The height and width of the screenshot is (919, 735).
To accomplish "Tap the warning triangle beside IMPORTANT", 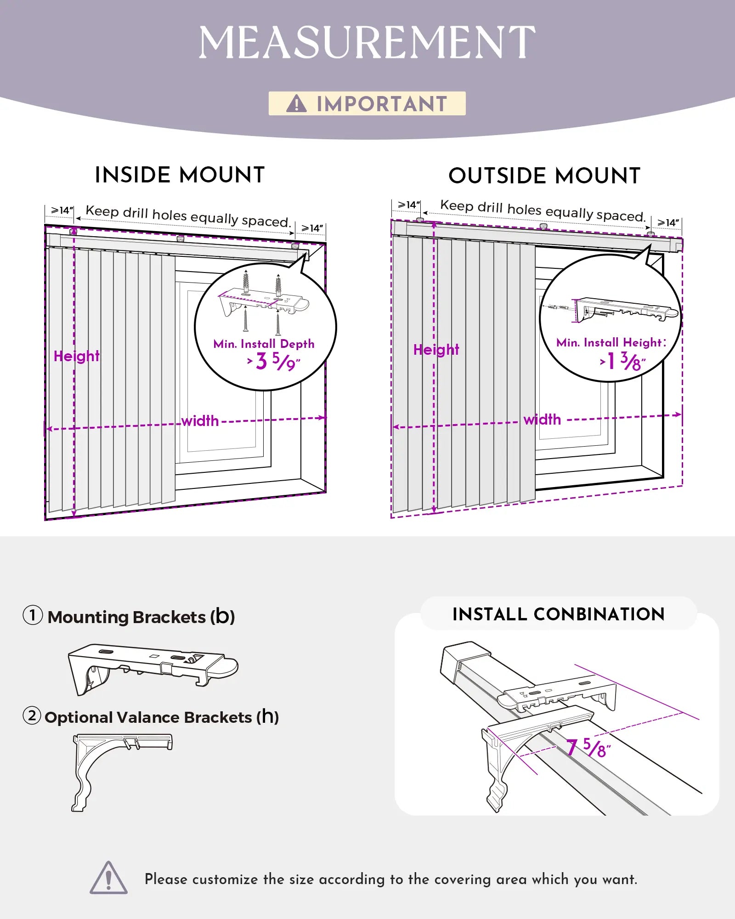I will click(296, 103).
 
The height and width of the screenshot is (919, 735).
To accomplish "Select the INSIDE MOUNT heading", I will click(180, 175).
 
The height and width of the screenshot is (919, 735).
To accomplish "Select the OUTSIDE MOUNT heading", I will click(544, 176).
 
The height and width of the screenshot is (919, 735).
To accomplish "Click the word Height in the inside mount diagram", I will click(76, 356).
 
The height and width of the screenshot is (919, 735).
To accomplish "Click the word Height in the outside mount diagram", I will click(436, 350).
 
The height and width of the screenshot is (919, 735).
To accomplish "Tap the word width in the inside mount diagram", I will click(200, 421).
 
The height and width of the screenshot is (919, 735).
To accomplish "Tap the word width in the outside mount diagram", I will click(542, 420).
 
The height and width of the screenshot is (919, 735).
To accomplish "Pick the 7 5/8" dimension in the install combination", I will click(588, 748).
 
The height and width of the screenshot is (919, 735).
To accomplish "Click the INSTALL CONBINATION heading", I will click(558, 614).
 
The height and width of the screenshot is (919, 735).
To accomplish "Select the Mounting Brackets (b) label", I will click(141, 617).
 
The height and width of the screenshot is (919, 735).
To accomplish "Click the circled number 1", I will click(33, 615).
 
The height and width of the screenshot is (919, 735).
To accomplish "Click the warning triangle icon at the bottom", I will click(108, 879).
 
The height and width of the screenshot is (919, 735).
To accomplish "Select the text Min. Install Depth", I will click(264, 344).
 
